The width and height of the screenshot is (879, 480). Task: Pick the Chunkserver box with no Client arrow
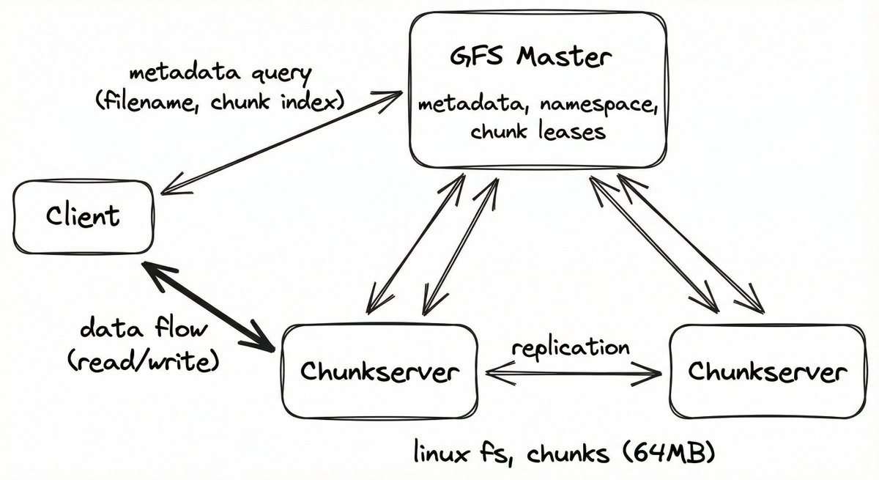tap(764, 372)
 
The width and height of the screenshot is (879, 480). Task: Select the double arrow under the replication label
tap(573, 374)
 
